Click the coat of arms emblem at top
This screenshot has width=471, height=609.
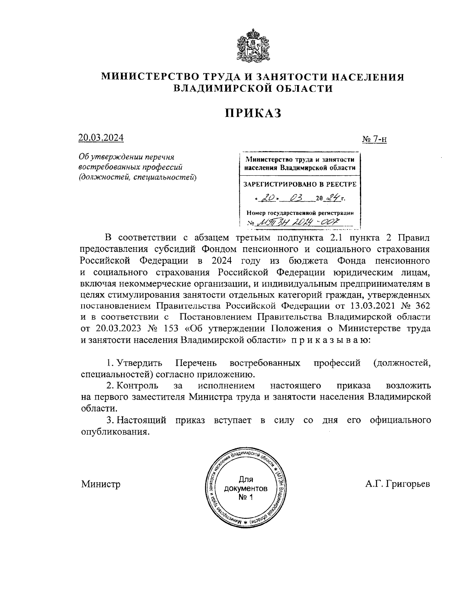pyautogui.click(x=253, y=44)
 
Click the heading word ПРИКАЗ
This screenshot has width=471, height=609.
pyautogui.click(x=253, y=113)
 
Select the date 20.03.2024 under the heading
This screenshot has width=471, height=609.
pyautogui.click(x=101, y=138)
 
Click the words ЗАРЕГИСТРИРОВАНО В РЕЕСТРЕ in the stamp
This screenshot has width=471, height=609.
pyautogui.click(x=300, y=184)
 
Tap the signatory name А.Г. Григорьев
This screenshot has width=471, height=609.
pyautogui.click(x=397, y=484)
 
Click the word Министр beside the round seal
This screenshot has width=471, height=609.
pyautogui.click(x=101, y=484)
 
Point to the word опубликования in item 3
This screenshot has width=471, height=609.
pyautogui.click(x=115, y=431)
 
